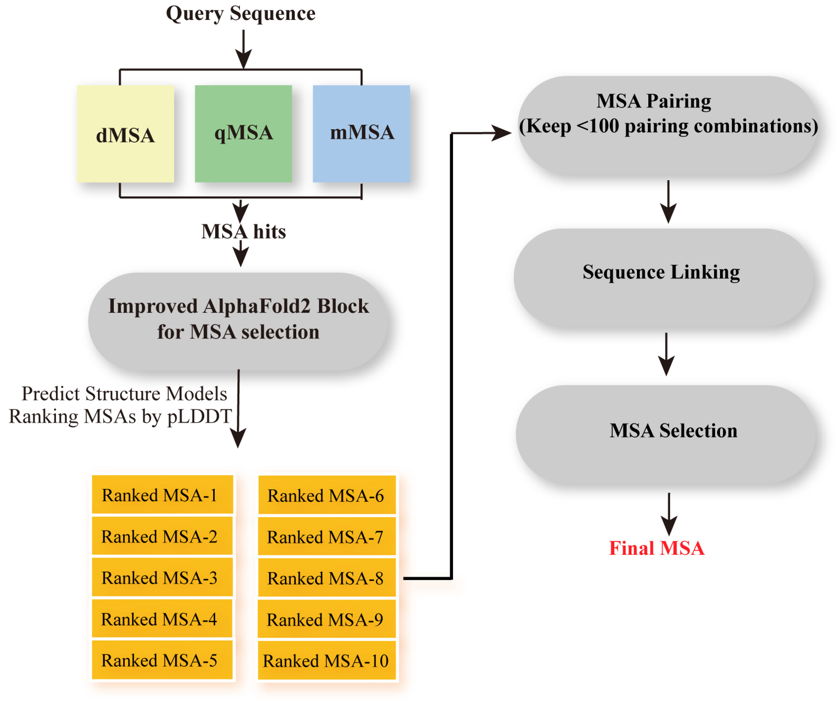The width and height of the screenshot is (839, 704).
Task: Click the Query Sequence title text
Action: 240,14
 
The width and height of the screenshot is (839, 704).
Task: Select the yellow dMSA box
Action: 126,134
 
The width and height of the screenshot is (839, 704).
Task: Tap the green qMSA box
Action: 243,134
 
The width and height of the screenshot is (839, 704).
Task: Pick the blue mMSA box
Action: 361,134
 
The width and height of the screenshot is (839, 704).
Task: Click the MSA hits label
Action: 243,232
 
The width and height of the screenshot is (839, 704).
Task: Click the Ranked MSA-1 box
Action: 162,495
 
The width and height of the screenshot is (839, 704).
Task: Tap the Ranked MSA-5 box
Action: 162,660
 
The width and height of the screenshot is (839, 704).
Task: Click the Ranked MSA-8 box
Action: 327,578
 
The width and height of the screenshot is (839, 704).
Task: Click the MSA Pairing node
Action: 668,125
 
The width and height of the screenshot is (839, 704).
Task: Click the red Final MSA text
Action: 656,549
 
